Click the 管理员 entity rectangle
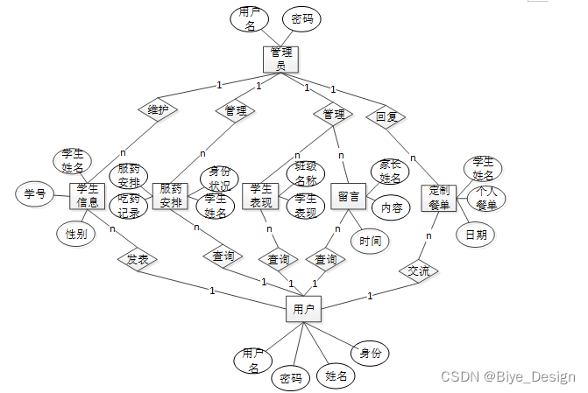coord(281,59)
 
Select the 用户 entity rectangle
coord(303,308)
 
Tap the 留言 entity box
coord(349,196)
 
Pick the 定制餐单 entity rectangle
coord(439,198)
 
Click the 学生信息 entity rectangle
coord(88,196)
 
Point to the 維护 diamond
coord(159,110)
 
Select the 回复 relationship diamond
coord(386,116)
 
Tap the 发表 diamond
coord(137,260)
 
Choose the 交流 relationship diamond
coord(418,270)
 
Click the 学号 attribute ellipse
coord(34,194)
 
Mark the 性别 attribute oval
coord(75,234)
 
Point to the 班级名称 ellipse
coord(307,174)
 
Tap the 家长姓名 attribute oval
coord(391,172)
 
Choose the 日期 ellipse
coord(476,235)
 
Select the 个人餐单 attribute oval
coord(486,199)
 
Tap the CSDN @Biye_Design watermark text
coord(507,377)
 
